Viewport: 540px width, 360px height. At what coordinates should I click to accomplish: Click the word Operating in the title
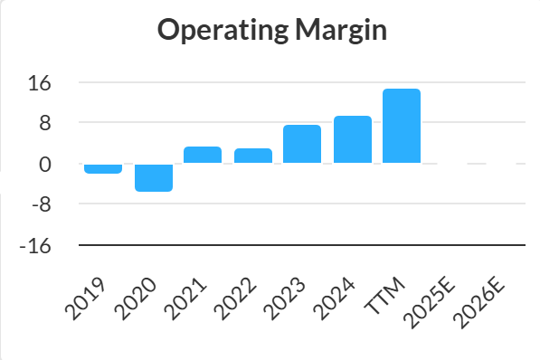(223, 31)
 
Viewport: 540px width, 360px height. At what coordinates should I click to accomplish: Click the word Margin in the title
(341, 31)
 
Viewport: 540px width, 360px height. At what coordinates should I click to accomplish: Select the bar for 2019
(103, 169)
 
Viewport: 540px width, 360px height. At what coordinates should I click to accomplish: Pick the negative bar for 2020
(154, 178)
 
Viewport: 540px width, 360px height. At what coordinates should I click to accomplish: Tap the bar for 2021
(203, 155)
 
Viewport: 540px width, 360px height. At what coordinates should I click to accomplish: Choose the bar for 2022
(253, 156)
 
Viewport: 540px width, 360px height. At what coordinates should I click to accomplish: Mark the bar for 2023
(302, 144)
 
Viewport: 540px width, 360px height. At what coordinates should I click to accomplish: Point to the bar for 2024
(353, 139)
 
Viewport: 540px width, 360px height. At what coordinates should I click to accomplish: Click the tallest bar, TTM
(402, 126)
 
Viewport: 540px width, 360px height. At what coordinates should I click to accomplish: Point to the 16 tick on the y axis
(40, 83)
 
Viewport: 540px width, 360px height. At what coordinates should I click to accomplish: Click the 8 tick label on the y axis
(45, 123)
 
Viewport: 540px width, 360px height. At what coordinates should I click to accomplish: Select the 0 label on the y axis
(45, 165)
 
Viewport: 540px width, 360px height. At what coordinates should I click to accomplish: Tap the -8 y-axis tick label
(42, 205)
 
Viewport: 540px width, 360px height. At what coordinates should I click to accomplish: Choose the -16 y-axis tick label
(35, 246)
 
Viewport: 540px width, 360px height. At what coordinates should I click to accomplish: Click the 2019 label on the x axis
(85, 298)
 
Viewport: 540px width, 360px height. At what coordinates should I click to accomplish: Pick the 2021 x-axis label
(185, 298)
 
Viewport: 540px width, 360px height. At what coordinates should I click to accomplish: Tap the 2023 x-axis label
(284, 298)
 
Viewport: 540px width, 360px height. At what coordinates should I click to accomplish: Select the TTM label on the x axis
(384, 295)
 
